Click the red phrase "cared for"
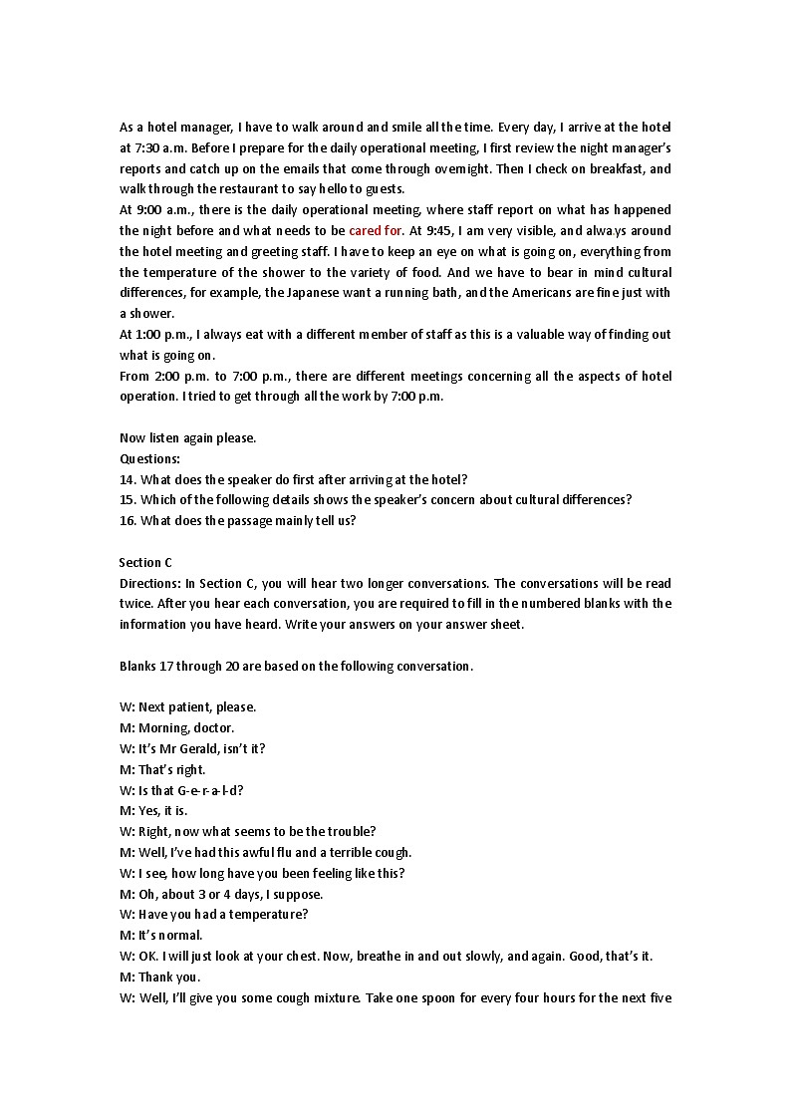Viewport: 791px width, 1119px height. click(376, 230)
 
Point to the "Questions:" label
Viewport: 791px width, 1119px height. click(149, 458)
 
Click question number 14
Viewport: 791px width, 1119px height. click(128, 479)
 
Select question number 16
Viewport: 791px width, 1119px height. click(128, 520)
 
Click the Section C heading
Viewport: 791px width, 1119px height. click(145, 562)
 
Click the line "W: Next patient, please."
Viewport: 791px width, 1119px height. click(187, 706)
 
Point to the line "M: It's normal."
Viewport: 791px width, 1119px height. click(160, 935)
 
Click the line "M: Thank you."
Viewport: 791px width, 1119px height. click(159, 977)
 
